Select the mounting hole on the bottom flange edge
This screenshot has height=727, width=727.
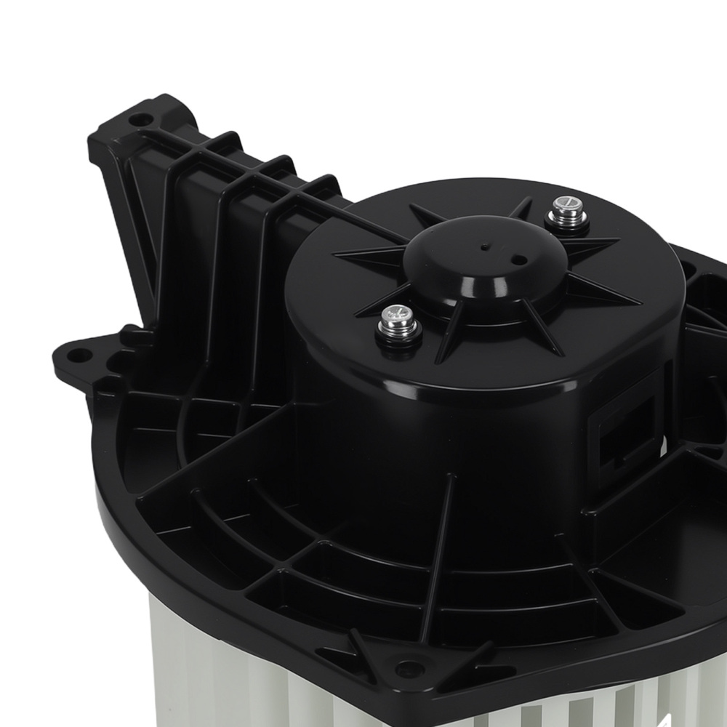point(401,664)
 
